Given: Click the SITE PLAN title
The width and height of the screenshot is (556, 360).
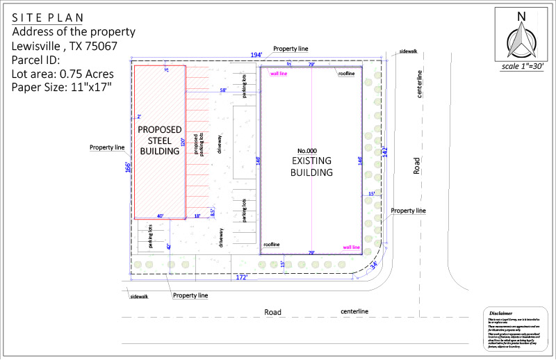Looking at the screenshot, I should [47, 18].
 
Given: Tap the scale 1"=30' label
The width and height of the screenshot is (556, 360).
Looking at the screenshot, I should [523, 67].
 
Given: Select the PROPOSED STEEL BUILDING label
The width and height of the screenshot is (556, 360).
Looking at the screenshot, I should [160, 140].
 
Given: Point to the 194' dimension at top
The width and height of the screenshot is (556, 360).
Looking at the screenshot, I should [257, 55].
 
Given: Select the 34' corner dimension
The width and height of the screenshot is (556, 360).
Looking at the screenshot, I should [373, 265].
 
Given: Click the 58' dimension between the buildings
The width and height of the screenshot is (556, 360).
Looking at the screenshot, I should [222, 90].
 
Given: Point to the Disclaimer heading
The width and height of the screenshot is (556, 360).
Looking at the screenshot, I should [500, 313].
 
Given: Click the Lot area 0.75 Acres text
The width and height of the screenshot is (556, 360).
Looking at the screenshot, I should [63, 74].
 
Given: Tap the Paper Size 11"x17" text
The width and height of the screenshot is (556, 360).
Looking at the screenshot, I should [62, 87].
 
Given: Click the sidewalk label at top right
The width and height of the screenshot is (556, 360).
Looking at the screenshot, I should [409, 52].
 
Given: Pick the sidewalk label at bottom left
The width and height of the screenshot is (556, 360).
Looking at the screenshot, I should [139, 297].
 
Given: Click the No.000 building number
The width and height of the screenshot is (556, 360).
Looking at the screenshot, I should [307, 152].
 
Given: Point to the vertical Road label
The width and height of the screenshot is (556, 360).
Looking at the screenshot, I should [417, 165].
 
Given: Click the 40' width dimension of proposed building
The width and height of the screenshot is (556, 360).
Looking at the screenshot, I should [160, 216].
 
